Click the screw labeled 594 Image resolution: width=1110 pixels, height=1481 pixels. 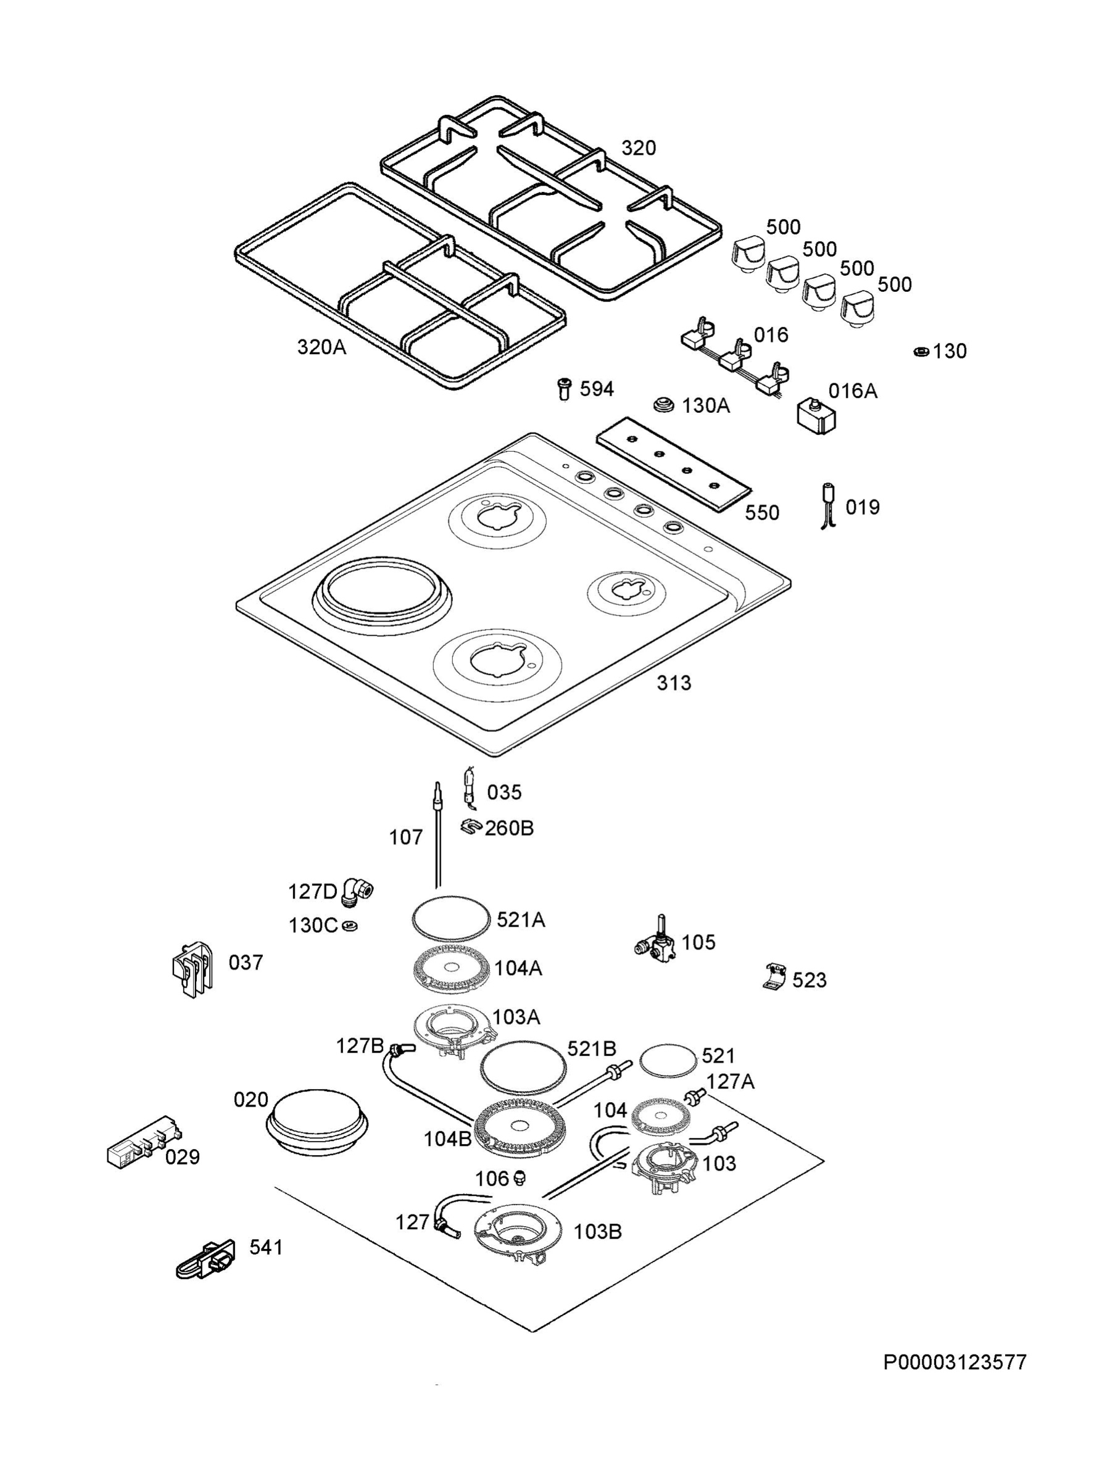coord(565,388)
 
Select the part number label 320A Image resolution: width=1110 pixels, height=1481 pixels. coord(322,347)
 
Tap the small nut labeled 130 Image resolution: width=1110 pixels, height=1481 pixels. coord(921,352)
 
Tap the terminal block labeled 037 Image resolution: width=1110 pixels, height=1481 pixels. coord(194,969)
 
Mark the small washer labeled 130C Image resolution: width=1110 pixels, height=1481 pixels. coord(349,926)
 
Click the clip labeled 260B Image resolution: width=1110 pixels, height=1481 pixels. coord(472,828)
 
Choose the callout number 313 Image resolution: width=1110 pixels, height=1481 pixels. coord(674,683)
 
